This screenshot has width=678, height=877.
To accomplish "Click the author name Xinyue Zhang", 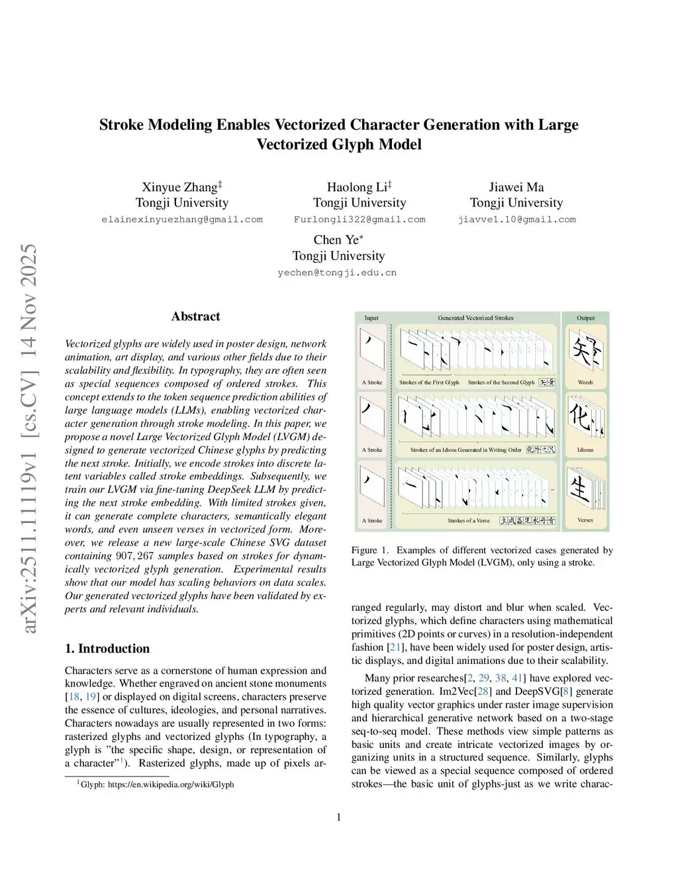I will pos(179,187).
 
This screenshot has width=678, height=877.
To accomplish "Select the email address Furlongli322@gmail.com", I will pos(360,220).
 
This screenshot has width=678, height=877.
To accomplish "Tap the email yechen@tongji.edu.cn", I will pos(337,273).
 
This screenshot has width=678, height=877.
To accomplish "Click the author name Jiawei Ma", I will pos(516,187).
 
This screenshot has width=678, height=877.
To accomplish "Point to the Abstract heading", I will pos(195,316).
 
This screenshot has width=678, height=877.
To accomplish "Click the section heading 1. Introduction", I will pos(107,649).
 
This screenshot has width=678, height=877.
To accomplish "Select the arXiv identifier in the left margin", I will pos(30,438).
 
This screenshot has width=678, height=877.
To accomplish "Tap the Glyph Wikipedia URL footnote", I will pos(157,784).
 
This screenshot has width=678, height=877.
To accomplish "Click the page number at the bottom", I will pos(339,817).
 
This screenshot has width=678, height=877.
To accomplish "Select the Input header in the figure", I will pos(371,318).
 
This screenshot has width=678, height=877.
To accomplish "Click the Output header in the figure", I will pos(585,318).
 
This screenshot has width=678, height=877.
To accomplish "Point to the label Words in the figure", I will pos(585,383).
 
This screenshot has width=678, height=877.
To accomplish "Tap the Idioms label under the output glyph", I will pos(585,450).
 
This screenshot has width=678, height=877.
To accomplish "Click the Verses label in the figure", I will pos(585,520).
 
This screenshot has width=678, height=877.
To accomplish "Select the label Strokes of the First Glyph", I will pos(429,383).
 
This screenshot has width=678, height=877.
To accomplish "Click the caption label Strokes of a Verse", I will pos(468,521).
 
